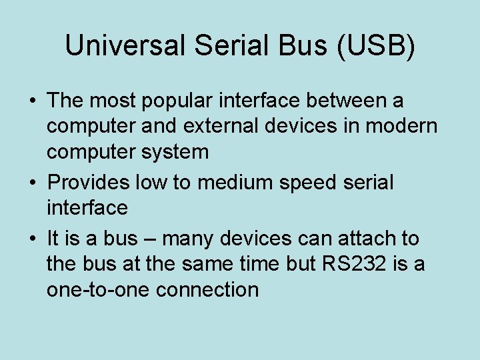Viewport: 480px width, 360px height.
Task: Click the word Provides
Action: click(x=90, y=183)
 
